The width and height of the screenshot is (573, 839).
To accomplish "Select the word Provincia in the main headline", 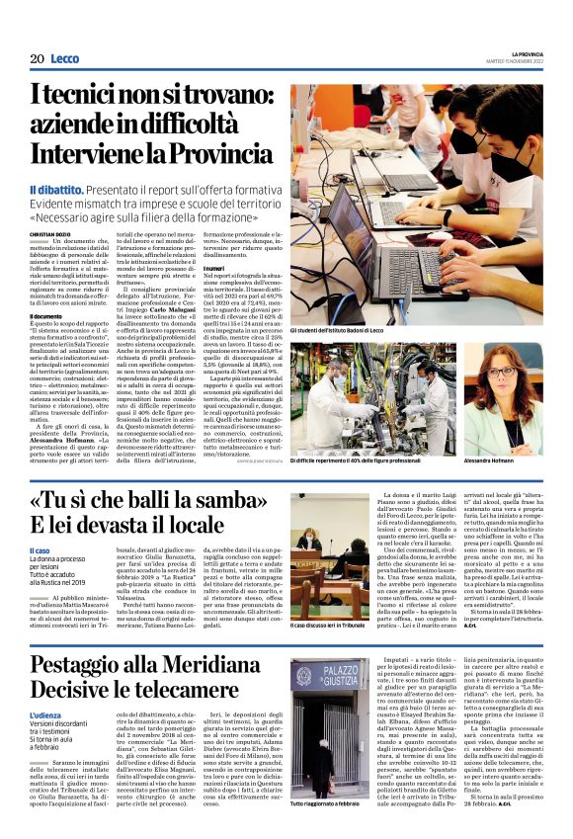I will [x=225, y=155].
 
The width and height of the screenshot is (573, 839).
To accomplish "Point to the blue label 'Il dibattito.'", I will [x=83, y=189].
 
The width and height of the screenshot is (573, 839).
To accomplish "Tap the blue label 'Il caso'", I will [x=41, y=551].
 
